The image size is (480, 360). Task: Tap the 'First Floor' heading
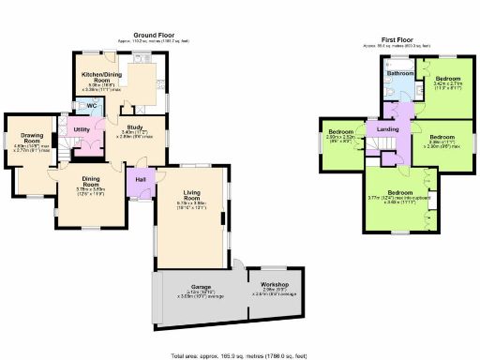click(x=399, y=40)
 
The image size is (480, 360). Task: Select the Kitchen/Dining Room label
click(x=97, y=77)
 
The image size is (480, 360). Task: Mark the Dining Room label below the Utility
click(x=90, y=181)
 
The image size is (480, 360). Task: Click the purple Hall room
click(x=141, y=179)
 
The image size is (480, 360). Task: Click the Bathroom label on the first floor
click(x=402, y=73)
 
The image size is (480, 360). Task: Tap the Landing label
click(x=389, y=128)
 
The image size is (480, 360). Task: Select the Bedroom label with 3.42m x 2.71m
click(x=447, y=78)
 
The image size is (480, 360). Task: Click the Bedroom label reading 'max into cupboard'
click(x=401, y=192)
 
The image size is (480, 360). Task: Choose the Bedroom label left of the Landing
click(x=342, y=132)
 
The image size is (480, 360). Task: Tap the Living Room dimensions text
click(x=189, y=208)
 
